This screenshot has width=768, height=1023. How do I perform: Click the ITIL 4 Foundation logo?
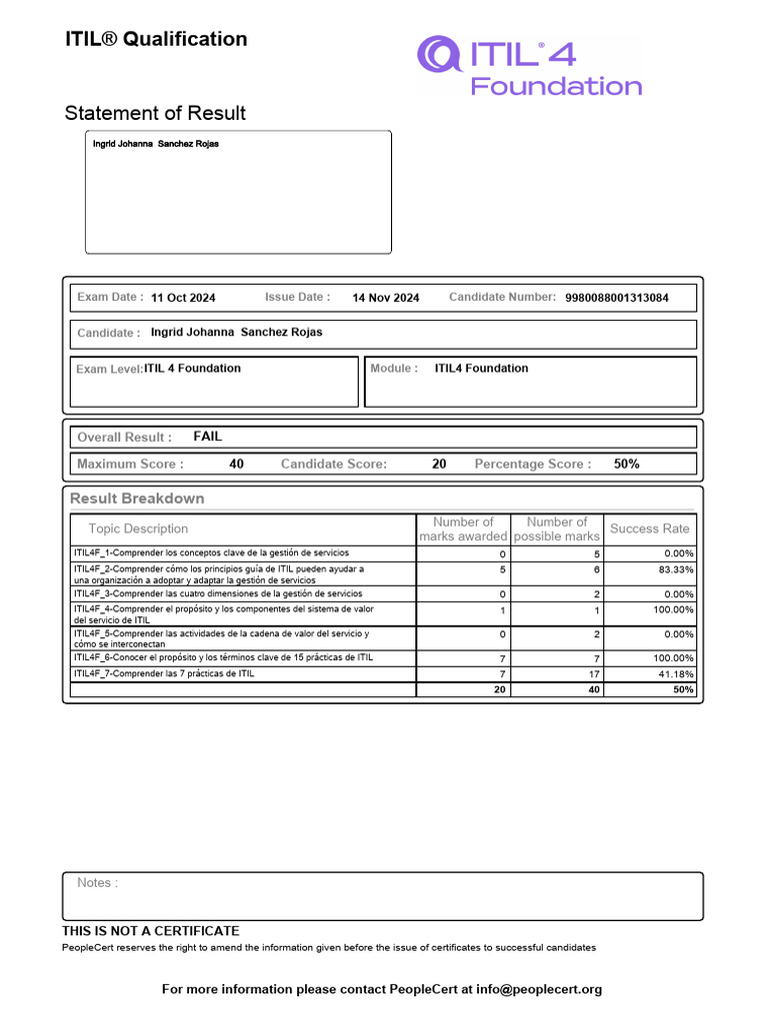pyautogui.click(x=529, y=66)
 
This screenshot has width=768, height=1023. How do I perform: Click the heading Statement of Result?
pyautogui.click(x=155, y=113)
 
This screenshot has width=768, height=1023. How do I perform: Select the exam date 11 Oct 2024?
pyautogui.click(x=183, y=298)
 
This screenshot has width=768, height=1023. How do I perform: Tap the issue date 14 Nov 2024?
pyautogui.click(x=386, y=298)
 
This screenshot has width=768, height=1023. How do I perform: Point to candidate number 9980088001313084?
pyautogui.click(x=617, y=298)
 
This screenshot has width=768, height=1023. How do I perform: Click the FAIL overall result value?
pyautogui.click(x=208, y=437)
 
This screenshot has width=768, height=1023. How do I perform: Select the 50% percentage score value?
pyautogui.click(x=627, y=464)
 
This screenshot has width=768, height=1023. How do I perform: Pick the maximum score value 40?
pyautogui.click(x=236, y=464)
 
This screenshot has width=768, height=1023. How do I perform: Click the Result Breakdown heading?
pyautogui.click(x=137, y=499)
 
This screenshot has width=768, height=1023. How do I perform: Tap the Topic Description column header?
pyautogui.click(x=138, y=528)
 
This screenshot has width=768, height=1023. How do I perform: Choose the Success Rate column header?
pyautogui.click(x=650, y=528)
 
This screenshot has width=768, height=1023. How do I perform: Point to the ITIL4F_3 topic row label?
pyautogui.click(x=218, y=593)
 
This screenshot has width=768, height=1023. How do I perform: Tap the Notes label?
pyautogui.click(x=97, y=883)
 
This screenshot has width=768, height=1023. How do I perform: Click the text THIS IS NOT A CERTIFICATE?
pyautogui.click(x=151, y=931)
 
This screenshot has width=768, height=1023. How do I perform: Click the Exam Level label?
pyautogui.click(x=109, y=369)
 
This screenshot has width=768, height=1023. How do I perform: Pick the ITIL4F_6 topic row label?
pyautogui.click(x=223, y=657)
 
